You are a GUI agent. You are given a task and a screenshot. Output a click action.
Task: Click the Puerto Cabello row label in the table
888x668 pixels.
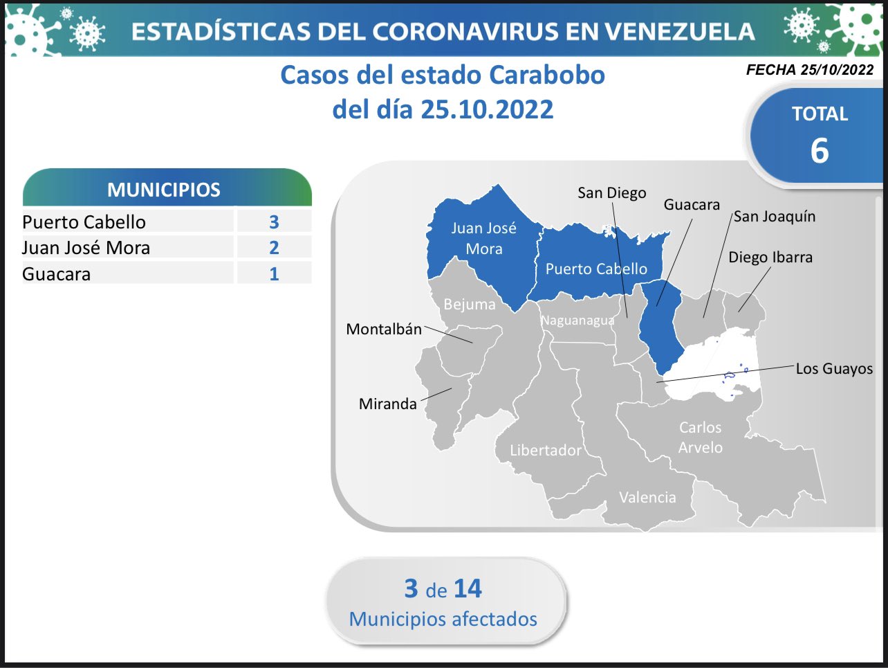point(84,222)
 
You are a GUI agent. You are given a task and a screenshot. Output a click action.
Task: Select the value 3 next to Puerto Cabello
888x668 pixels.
point(275,222)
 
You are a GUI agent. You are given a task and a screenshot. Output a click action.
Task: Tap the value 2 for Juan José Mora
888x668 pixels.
point(275,248)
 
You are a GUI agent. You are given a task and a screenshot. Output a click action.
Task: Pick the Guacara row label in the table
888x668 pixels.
point(56,274)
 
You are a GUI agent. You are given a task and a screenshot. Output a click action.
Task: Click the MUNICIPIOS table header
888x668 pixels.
point(164,190)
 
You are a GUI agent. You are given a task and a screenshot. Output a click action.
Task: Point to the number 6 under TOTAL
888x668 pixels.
point(820,151)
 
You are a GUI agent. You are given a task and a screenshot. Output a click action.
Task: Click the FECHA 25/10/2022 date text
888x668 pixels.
point(810,70)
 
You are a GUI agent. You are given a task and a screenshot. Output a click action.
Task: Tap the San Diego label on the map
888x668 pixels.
point(611,193)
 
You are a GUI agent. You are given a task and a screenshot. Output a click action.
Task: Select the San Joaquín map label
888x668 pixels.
point(775,217)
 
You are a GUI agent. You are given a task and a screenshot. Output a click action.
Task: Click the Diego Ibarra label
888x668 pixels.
point(770,257)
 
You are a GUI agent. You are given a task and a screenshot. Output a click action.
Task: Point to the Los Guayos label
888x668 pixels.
point(834,369)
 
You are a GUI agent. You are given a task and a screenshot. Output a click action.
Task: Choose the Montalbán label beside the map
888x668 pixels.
point(384,329)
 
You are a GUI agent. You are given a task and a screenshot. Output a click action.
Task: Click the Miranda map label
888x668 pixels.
point(387,404)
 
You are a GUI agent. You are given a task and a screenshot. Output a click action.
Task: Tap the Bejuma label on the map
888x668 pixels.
point(470,305)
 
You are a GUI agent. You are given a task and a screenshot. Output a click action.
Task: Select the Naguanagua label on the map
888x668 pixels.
point(577,321)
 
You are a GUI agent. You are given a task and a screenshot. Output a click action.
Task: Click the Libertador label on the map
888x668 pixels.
point(546,450)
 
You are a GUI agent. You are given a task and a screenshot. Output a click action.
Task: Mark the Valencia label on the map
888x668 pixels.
point(647,497)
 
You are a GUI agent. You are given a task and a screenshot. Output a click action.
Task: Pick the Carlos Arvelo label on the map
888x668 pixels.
point(701,437)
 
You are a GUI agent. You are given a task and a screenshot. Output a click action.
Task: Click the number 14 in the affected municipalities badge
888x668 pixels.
point(468,588)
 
